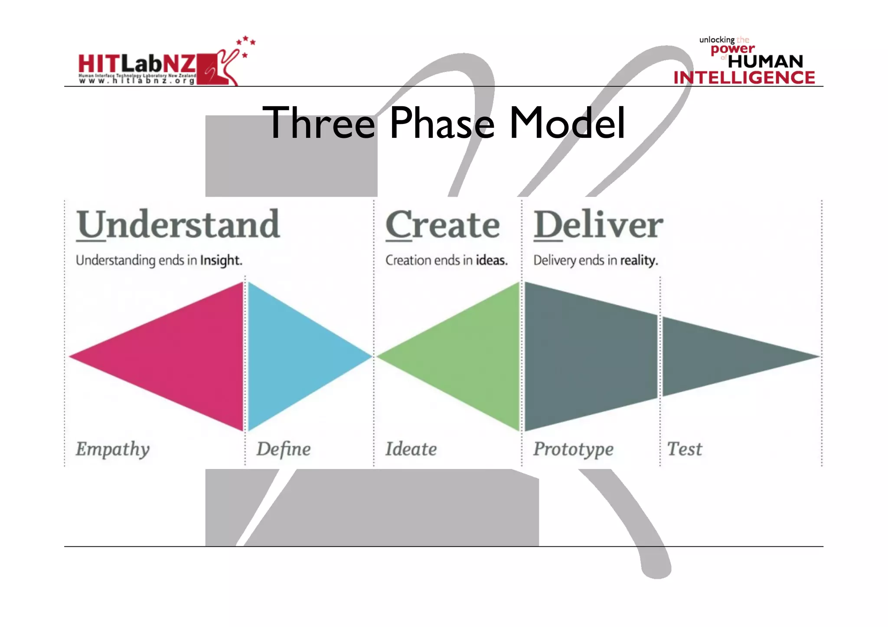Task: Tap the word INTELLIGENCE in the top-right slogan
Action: click(x=744, y=78)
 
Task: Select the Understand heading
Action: click(x=178, y=224)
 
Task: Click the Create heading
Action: click(x=442, y=224)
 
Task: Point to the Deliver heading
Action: click(x=598, y=224)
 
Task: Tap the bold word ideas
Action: click(x=491, y=260)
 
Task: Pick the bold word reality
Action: click(x=639, y=260)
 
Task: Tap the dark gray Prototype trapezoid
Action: click(x=590, y=356)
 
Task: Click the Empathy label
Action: click(x=113, y=449)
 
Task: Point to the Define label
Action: click(x=284, y=449)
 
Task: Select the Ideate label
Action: click(x=411, y=449)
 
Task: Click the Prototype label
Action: click(x=573, y=449)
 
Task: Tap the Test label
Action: click(x=684, y=449)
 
